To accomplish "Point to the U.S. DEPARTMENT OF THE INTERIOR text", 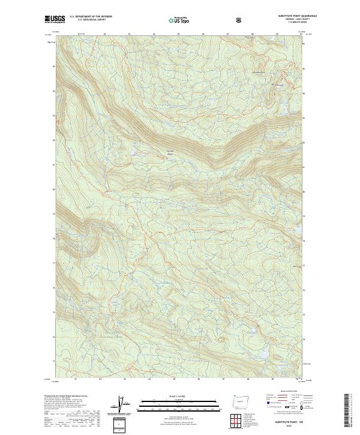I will coord(91,17).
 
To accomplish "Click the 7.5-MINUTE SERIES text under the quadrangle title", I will coord(290,22).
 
